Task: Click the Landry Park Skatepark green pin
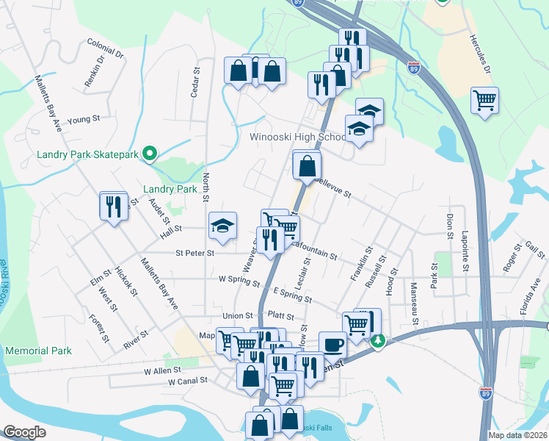(150, 154)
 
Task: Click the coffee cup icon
(332, 343)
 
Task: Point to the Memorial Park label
(39, 351)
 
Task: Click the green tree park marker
(378, 341)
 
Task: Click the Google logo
(24, 432)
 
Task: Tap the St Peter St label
(194, 253)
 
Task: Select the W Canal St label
(188, 381)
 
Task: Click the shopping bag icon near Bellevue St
(307, 165)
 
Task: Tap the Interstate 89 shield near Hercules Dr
(415, 68)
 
